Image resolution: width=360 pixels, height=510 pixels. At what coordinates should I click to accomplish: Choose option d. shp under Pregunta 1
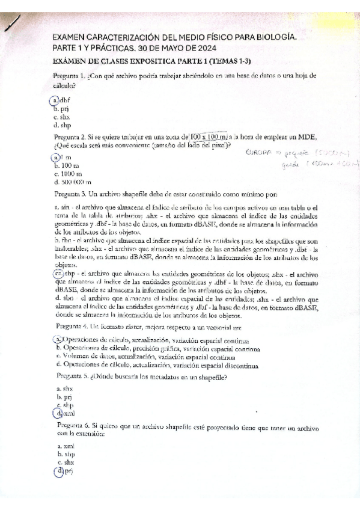(x=62, y=126)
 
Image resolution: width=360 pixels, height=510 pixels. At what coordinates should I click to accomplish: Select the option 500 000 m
(x=72, y=182)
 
